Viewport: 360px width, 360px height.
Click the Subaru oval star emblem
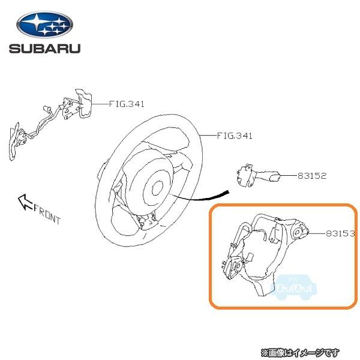tap(45, 25)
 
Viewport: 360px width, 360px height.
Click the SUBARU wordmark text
tap(45, 49)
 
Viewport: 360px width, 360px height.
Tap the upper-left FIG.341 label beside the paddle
tap(127, 104)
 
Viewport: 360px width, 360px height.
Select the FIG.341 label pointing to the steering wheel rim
tap(235, 136)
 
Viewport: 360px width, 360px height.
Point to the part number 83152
tap(312, 176)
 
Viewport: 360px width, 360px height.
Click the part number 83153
tap(340, 233)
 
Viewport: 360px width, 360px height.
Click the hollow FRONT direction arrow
tap(25, 202)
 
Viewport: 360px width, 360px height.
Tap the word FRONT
tap(47, 214)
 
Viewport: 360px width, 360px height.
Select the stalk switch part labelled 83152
tap(258, 176)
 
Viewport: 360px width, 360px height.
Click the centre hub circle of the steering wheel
tap(157, 188)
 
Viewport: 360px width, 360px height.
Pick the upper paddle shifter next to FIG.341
tap(83, 103)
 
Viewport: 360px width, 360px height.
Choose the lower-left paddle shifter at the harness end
tap(14, 141)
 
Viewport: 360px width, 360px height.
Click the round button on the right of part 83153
tap(298, 233)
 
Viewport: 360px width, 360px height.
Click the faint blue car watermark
tap(295, 287)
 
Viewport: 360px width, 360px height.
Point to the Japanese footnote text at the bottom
tap(300, 352)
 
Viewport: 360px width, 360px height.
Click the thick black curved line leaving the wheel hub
tap(200, 197)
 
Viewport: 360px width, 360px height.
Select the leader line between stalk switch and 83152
tap(289, 176)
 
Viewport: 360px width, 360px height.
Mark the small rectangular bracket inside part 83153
tap(275, 234)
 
